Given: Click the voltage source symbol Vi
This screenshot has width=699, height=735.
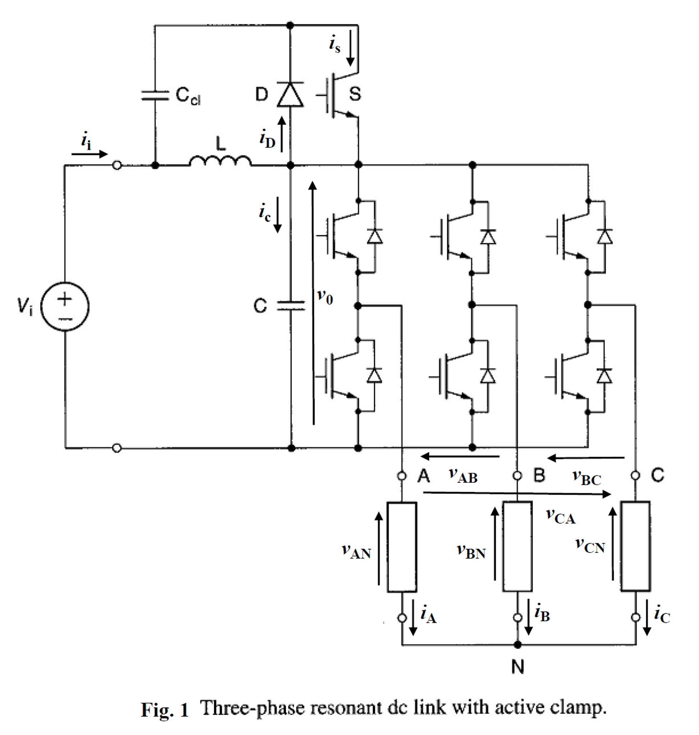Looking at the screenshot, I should point(65,306).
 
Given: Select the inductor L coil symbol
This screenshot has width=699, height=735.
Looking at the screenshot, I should point(220,161).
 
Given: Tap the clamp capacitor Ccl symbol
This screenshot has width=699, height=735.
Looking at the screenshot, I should point(155,95).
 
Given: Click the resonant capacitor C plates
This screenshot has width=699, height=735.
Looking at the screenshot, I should point(291,306).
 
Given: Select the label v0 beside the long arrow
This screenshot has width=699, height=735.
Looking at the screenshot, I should point(325,297).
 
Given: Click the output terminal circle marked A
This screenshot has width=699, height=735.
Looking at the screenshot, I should point(402,476).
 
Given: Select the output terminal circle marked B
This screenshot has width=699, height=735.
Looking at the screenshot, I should point(517,476).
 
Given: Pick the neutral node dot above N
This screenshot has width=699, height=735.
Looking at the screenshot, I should point(517,644).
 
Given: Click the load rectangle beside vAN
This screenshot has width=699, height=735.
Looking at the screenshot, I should point(402,547).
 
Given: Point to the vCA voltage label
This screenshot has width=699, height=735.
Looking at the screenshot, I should point(561,517).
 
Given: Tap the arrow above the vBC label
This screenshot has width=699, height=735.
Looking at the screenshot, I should point(586,458).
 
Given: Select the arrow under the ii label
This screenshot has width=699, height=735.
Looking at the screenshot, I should point(90,154).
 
